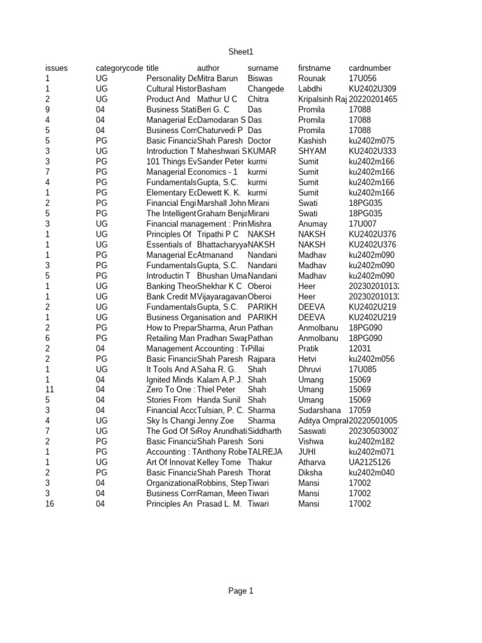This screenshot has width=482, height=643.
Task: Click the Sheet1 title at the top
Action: coord(242,52)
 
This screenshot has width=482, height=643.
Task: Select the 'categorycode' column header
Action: coord(119,68)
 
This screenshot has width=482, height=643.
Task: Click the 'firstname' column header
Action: coord(314,68)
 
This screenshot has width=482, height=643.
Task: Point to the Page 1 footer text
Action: coord(241,591)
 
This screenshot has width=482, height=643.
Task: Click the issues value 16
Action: coord(50,504)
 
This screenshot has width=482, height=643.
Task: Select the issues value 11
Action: coord(50,389)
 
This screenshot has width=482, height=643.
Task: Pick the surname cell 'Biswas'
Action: coord(260,78)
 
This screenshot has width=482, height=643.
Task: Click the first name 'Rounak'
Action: coord(312,78)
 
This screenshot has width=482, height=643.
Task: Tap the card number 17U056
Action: coord(362,78)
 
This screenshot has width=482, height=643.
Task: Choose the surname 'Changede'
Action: coord(266,89)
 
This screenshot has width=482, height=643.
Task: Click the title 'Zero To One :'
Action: coord(169,389)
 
